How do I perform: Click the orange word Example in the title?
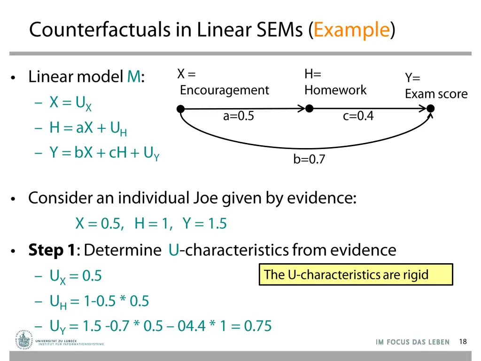(x=352, y=30)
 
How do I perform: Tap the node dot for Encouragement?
(x=180, y=109)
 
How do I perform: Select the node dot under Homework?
(x=309, y=109)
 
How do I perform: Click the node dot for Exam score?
(x=430, y=109)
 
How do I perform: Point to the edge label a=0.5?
(x=238, y=116)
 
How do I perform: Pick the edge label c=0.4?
(x=358, y=116)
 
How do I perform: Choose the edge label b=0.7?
(x=309, y=160)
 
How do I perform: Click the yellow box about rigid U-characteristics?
(x=356, y=275)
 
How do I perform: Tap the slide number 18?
(x=463, y=342)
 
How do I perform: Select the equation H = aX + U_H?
(x=88, y=128)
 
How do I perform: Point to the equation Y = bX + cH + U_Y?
(x=105, y=153)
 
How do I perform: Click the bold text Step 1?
(x=52, y=250)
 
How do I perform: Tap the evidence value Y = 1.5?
(x=205, y=224)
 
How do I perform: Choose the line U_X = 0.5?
(x=76, y=276)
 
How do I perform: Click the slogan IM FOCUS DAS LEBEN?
(x=412, y=342)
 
